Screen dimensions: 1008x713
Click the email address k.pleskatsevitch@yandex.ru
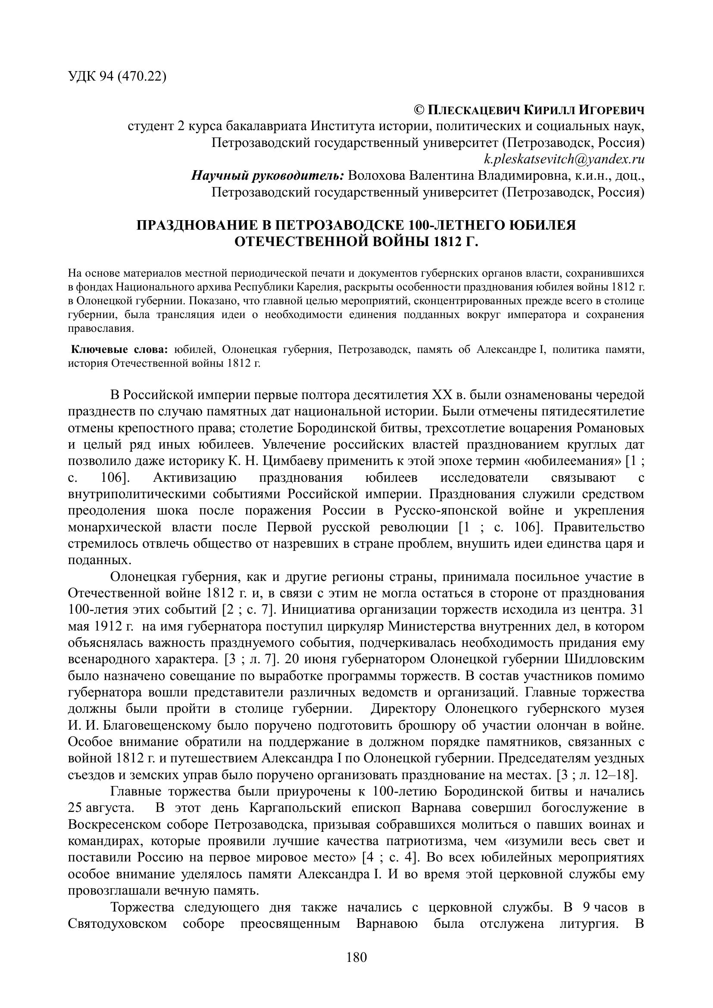coord(564,159)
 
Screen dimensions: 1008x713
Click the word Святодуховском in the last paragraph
coord(118,924)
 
